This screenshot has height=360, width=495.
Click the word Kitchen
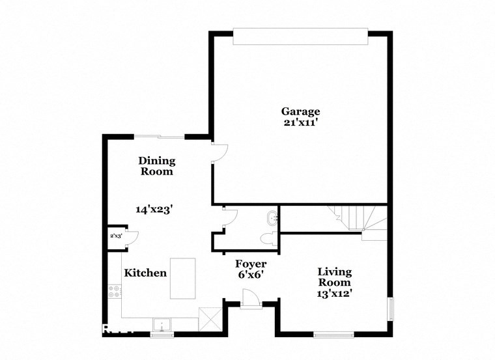[x=145, y=273]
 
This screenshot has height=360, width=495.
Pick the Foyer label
[x=251, y=264]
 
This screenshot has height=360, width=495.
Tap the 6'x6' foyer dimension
[x=251, y=275]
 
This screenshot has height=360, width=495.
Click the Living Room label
[x=334, y=277]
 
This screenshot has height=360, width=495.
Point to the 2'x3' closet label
[x=116, y=236]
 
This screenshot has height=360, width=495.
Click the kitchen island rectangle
[x=183, y=278]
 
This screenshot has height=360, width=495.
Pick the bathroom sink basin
[x=273, y=218]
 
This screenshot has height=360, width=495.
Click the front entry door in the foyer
[x=250, y=299]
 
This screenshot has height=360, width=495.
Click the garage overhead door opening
[x=300, y=36]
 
